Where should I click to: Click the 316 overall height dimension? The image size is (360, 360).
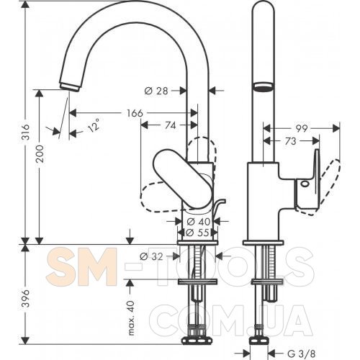pyautogui.click(x=26, y=132)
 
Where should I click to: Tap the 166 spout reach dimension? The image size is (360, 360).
pyautogui.click(x=135, y=113)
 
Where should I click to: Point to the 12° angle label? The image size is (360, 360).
pyautogui.click(x=94, y=125)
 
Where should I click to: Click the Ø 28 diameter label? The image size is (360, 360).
pyautogui.click(x=156, y=91)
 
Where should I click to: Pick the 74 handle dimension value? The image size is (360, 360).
pyautogui.click(x=170, y=125)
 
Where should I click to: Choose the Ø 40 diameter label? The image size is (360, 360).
pyautogui.click(x=199, y=222)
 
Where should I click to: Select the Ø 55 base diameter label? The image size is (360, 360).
pyautogui.click(x=197, y=233)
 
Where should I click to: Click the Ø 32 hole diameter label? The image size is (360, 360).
pyautogui.click(x=151, y=256)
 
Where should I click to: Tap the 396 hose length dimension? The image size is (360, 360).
pyautogui.click(x=26, y=298)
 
